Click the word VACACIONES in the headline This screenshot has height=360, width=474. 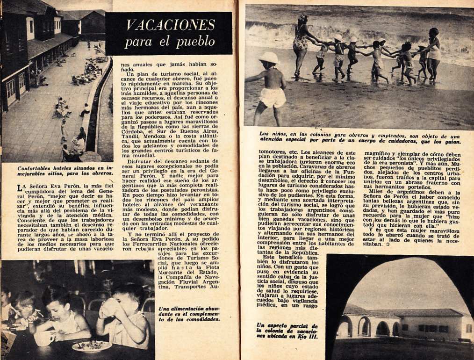tap(170, 25)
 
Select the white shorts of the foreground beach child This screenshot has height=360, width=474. tap(272, 97)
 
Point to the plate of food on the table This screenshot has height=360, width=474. tap(92, 346)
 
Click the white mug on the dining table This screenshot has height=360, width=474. tap(45, 338)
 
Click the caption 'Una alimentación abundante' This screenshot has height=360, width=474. tap(189, 314)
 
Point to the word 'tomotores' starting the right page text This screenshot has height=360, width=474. tap(275, 152)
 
